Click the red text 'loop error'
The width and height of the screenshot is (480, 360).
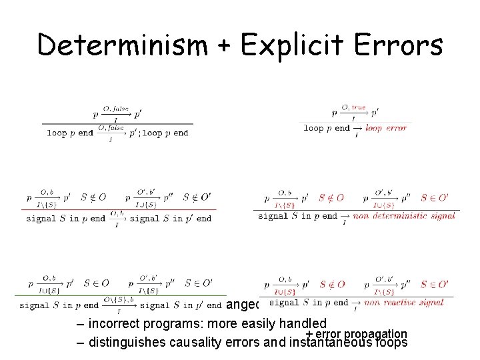pyautogui.click(x=387, y=128)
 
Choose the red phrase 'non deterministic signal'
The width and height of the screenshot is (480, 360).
pyautogui.click(x=405, y=215)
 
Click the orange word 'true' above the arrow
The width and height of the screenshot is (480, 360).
pyautogui.click(x=359, y=107)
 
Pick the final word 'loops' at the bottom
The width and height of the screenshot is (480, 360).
pyautogui.click(x=391, y=344)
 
